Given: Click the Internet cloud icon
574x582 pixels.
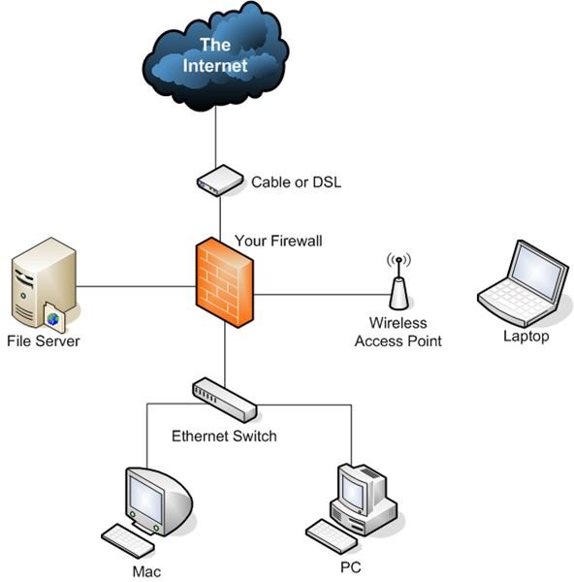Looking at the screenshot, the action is click(215, 56).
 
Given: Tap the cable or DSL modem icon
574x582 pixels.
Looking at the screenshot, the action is click(220, 180).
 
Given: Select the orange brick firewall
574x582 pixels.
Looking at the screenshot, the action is click(225, 282).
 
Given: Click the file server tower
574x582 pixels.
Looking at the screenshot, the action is click(44, 284).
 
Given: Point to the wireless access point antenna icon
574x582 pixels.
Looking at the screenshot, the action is click(399, 281).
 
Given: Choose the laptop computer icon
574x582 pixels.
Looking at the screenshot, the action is click(524, 283).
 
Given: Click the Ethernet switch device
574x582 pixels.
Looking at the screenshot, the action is click(225, 400).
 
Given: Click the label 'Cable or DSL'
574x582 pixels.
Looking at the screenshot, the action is click(296, 182).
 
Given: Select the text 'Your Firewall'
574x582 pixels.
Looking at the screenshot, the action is click(278, 241).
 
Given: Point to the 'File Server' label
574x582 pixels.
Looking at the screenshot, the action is click(44, 341).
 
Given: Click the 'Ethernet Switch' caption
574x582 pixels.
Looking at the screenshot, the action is click(224, 436).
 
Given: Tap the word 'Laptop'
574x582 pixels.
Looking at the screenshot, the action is click(526, 337).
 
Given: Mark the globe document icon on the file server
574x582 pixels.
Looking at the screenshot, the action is click(54, 317).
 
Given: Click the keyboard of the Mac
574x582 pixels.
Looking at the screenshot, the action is click(128, 540).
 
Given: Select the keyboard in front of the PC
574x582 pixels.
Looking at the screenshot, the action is click(332, 536).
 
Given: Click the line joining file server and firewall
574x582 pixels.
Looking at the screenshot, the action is click(136, 286).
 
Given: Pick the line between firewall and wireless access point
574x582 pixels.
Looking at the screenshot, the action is click(322, 295).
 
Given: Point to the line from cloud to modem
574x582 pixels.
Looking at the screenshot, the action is click(215, 138).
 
